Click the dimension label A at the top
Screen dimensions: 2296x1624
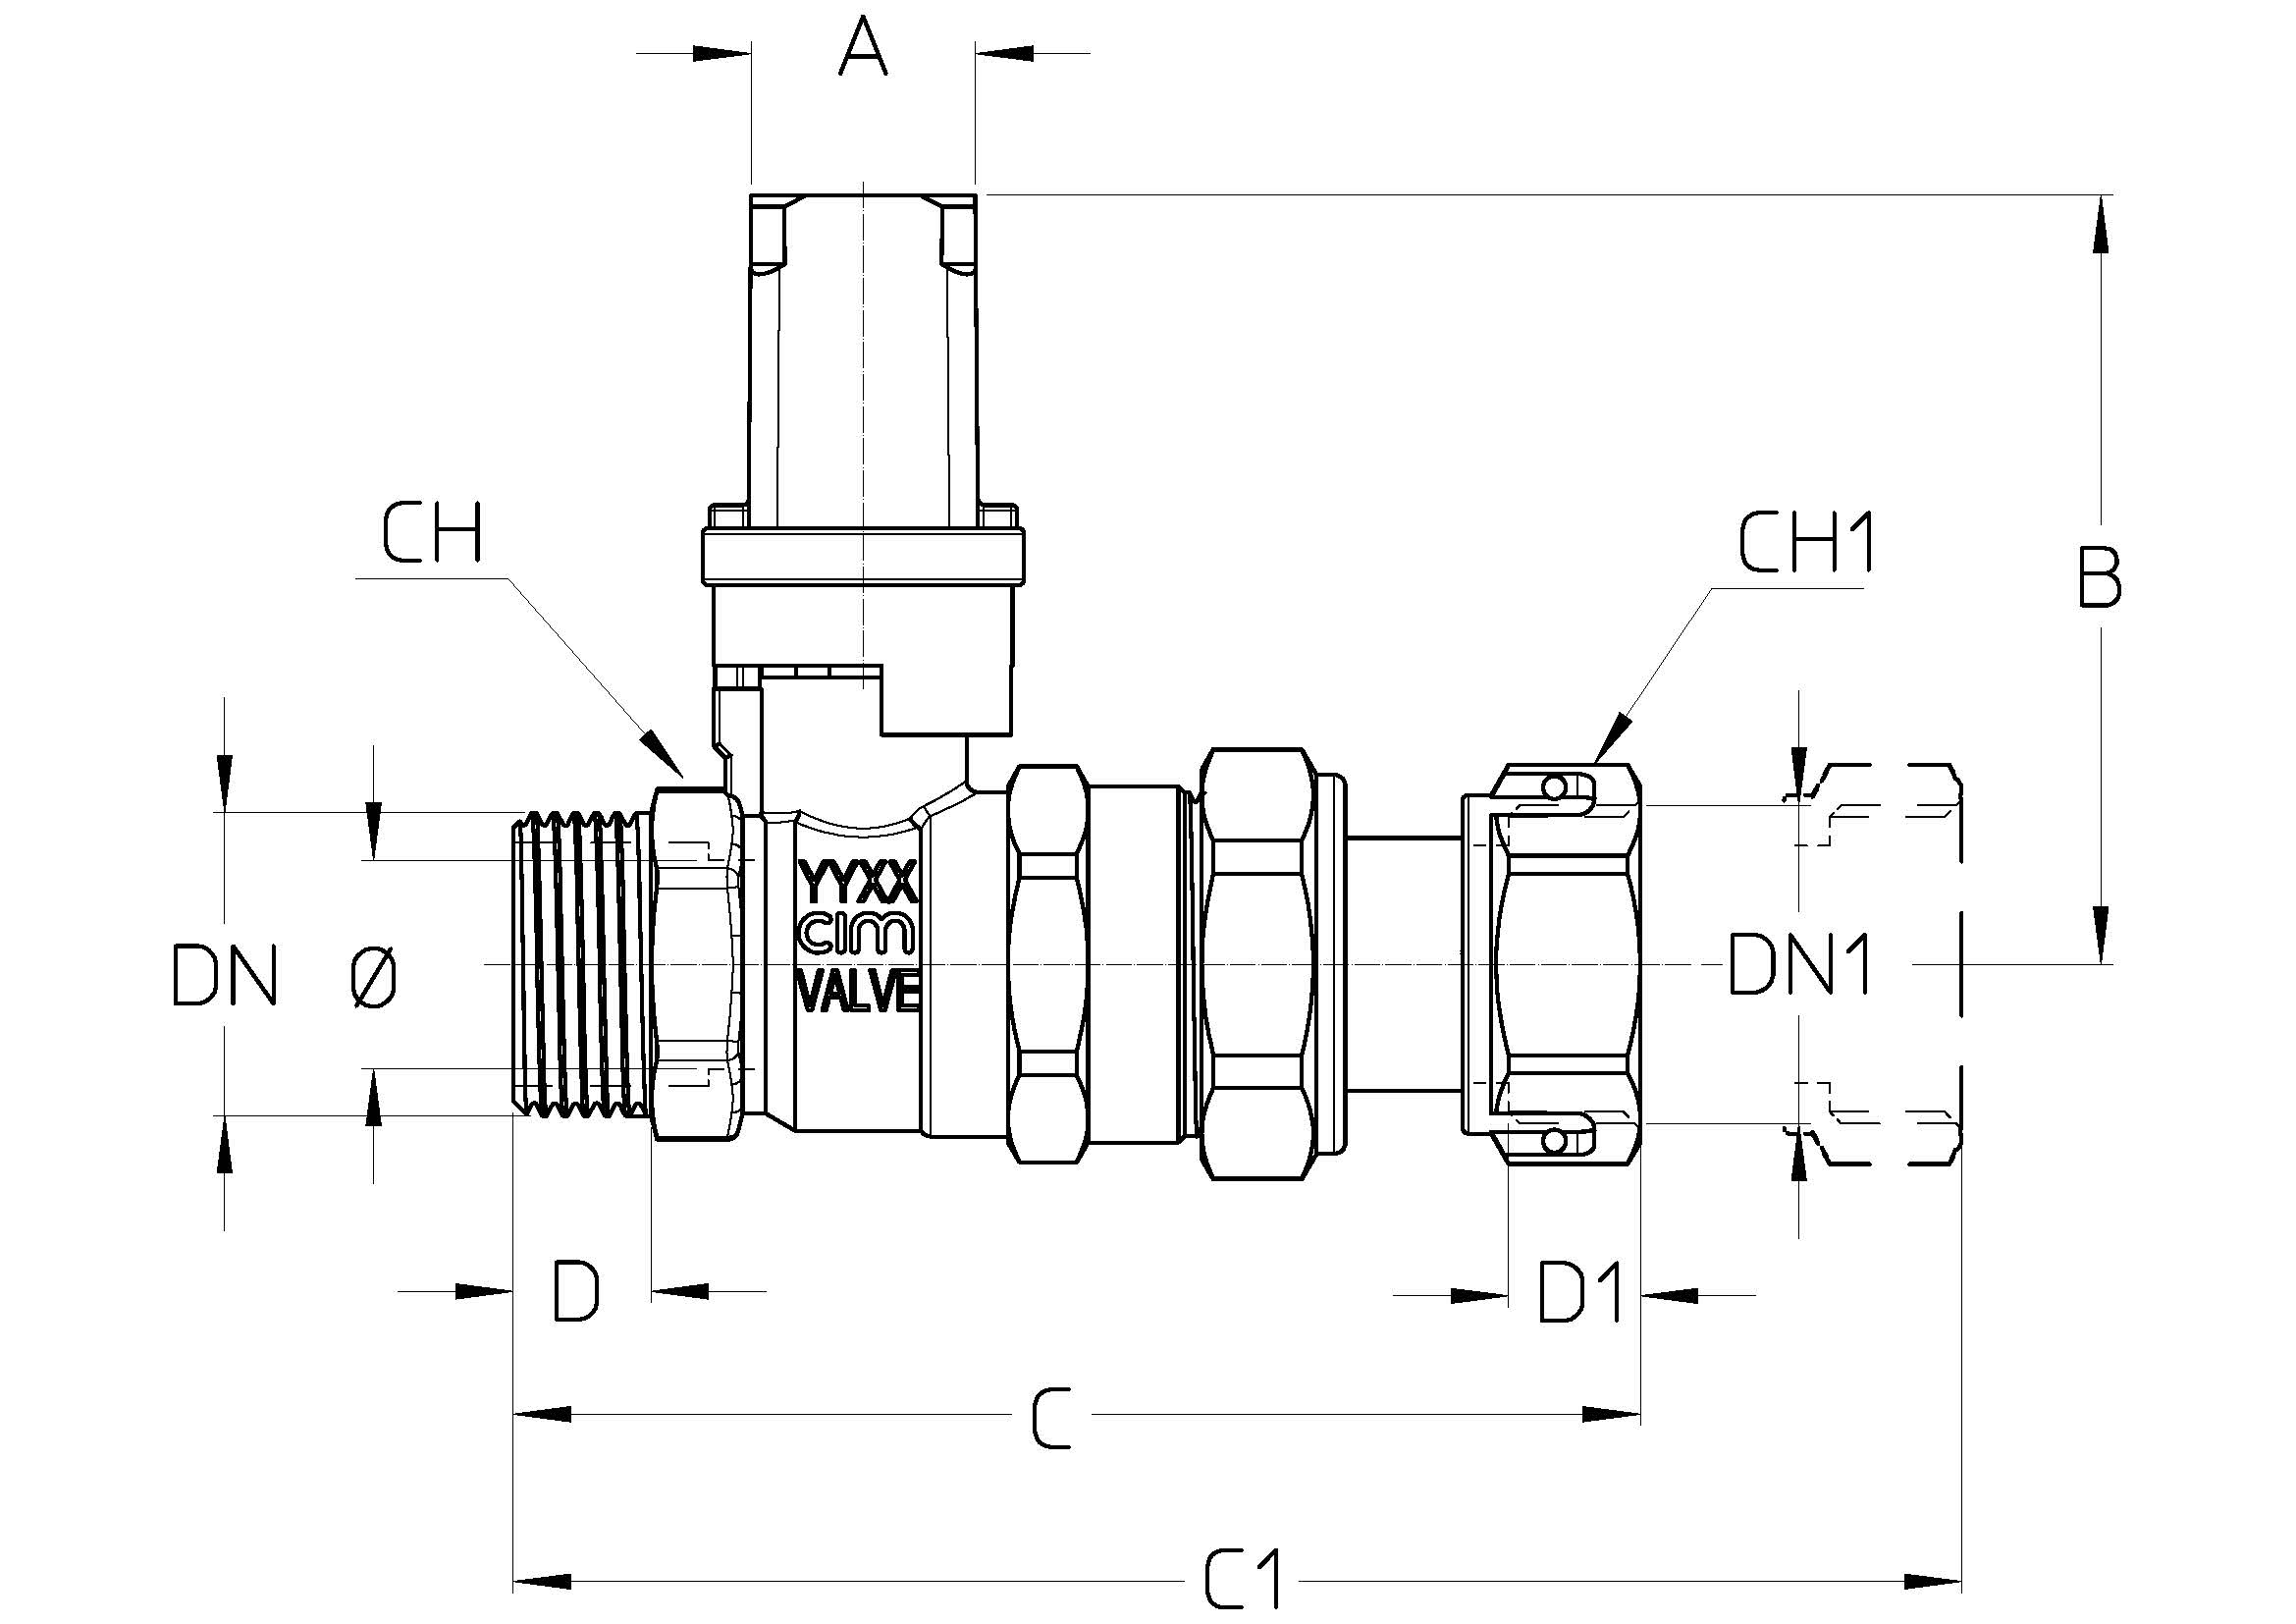862,50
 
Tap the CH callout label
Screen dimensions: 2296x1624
432,533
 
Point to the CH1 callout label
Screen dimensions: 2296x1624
1806,544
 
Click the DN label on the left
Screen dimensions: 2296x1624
224,975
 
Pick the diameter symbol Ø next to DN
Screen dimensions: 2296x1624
374,976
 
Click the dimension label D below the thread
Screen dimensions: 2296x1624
576,1291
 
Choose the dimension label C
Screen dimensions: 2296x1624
1051,1418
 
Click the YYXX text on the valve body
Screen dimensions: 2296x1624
857,884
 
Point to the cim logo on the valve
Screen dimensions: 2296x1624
857,937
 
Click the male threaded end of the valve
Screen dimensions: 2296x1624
581,965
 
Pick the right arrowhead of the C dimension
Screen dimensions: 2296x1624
1611,1414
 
